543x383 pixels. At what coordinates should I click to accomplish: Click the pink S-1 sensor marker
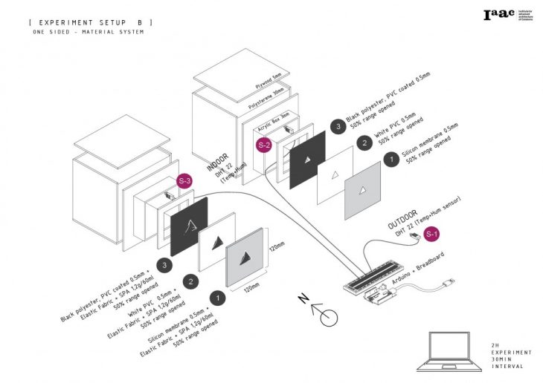(x=431, y=235)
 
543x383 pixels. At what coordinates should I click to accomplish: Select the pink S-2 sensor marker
(x=264, y=145)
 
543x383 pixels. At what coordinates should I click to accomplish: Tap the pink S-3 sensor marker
(x=184, y=181)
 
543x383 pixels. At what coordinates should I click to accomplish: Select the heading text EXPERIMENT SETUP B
(x=90, y=23)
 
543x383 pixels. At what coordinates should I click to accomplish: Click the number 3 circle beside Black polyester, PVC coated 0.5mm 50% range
(x=339, y=127)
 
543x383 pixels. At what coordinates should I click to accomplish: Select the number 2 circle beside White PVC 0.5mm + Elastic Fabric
(x=191, y=281)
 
